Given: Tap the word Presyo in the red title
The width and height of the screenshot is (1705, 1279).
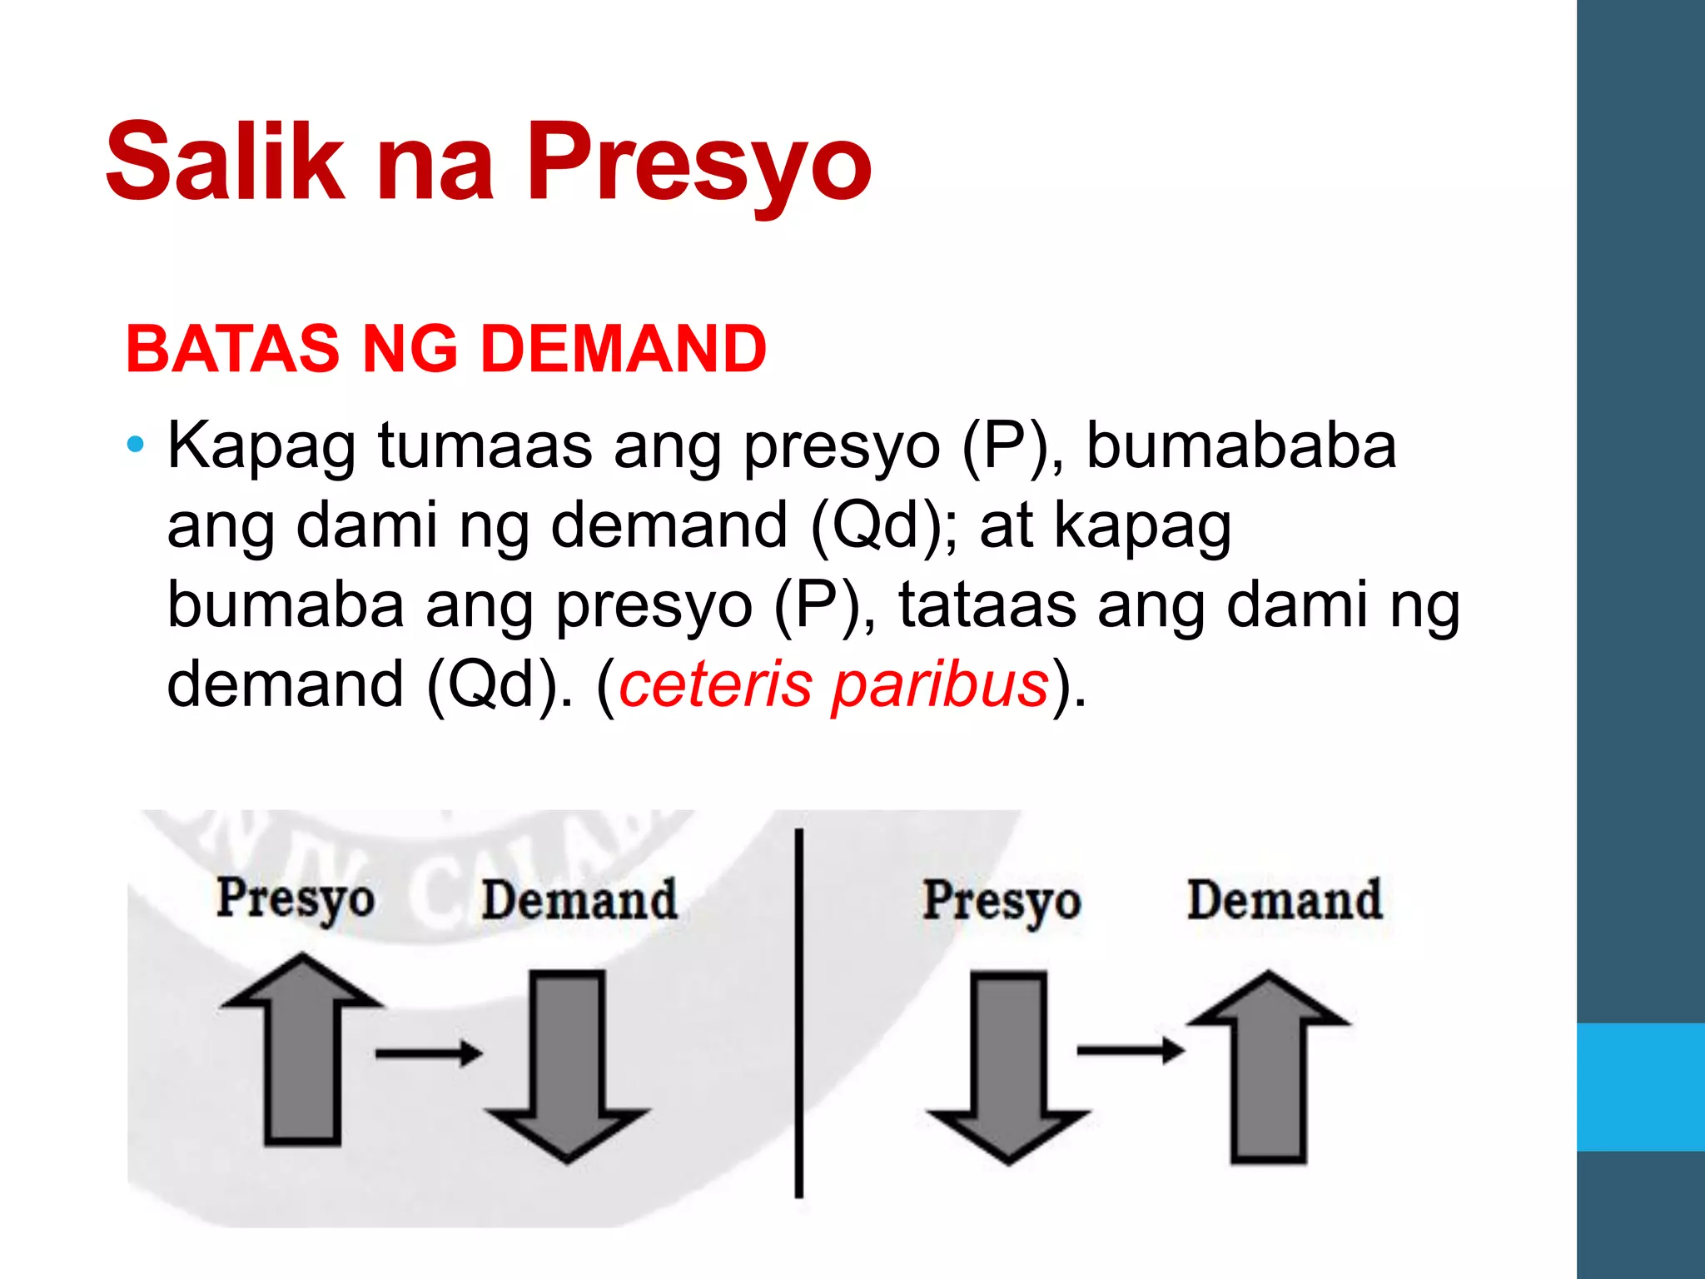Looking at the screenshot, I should [698, 162].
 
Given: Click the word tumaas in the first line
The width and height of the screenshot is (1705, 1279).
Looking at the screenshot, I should [485, 445].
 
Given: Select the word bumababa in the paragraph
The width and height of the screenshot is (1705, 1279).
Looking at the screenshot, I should [1241, 445].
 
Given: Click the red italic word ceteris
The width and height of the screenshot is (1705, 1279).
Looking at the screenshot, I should [715, 684].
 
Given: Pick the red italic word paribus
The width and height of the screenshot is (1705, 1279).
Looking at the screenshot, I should [940, 685].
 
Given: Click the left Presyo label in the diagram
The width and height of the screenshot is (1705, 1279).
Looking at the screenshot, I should [296, 900].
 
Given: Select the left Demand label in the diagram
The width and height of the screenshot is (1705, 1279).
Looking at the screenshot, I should [579, 900].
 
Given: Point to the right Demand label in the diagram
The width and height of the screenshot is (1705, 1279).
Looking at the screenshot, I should [1285, 900].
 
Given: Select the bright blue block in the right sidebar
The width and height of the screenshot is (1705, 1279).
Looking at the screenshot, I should [1641, 1087].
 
